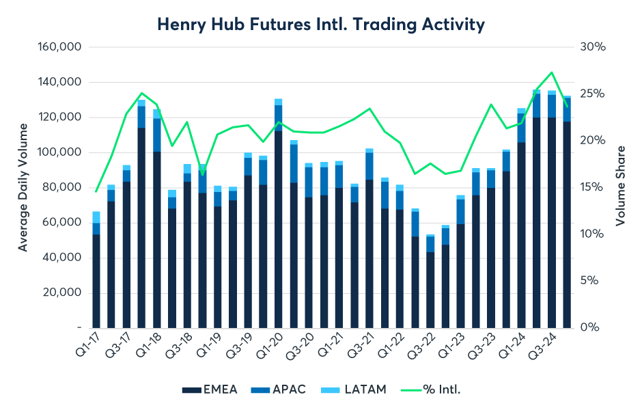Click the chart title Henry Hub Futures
[321, 25]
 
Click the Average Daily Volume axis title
[23, 187]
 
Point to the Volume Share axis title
[620, 187]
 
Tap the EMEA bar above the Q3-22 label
[431, 290]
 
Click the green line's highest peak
[552, 72]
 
